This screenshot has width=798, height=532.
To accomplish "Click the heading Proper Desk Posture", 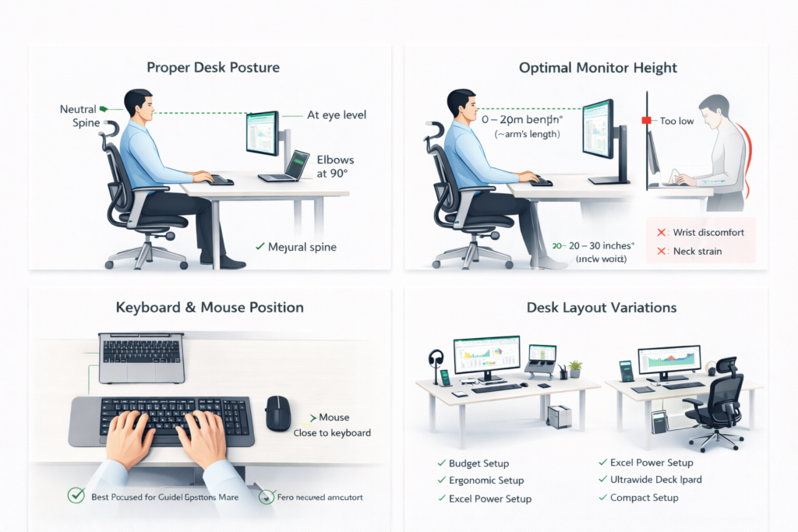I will click(212, 68).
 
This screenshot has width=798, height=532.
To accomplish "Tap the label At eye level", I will click(336, 115).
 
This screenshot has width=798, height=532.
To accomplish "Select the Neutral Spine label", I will click(79, 116).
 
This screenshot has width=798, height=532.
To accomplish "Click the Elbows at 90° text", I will click(336, 165).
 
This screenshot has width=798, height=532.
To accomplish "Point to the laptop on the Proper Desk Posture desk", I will click(286, 167).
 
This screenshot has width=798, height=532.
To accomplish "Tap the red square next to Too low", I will click(646, 121).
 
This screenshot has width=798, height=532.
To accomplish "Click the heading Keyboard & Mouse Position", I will click(210, 308).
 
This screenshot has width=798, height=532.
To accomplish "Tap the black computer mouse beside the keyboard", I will click(277, 413).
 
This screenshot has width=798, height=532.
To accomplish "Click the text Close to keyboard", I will click(332, 433).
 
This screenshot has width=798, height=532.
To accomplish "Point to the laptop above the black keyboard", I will click(142, 358).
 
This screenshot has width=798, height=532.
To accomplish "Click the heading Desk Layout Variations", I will click(602, 308).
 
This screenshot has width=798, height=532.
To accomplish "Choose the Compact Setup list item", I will click(644, 498).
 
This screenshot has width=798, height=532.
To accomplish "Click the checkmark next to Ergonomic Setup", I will click(441, 481).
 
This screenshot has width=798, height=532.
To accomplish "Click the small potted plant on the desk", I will click(575, 368).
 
